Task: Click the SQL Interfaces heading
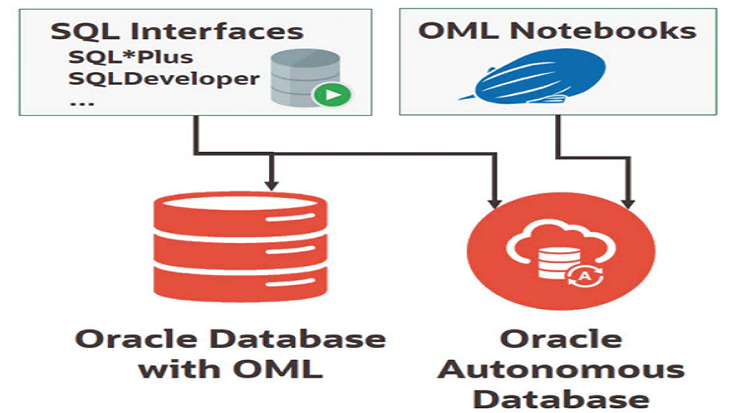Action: click(x=177, y=31)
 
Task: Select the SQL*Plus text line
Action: click(x=132, y=58)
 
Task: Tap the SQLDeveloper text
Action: click(x=164, y=79)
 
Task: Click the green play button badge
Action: click(x=332, y=94)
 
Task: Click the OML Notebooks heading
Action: click(x=557, y=31)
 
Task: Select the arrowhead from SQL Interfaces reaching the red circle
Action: click(x=495, y=201)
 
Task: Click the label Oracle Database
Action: click(x=230, y=339)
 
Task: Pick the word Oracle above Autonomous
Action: click(x=561, y=339)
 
